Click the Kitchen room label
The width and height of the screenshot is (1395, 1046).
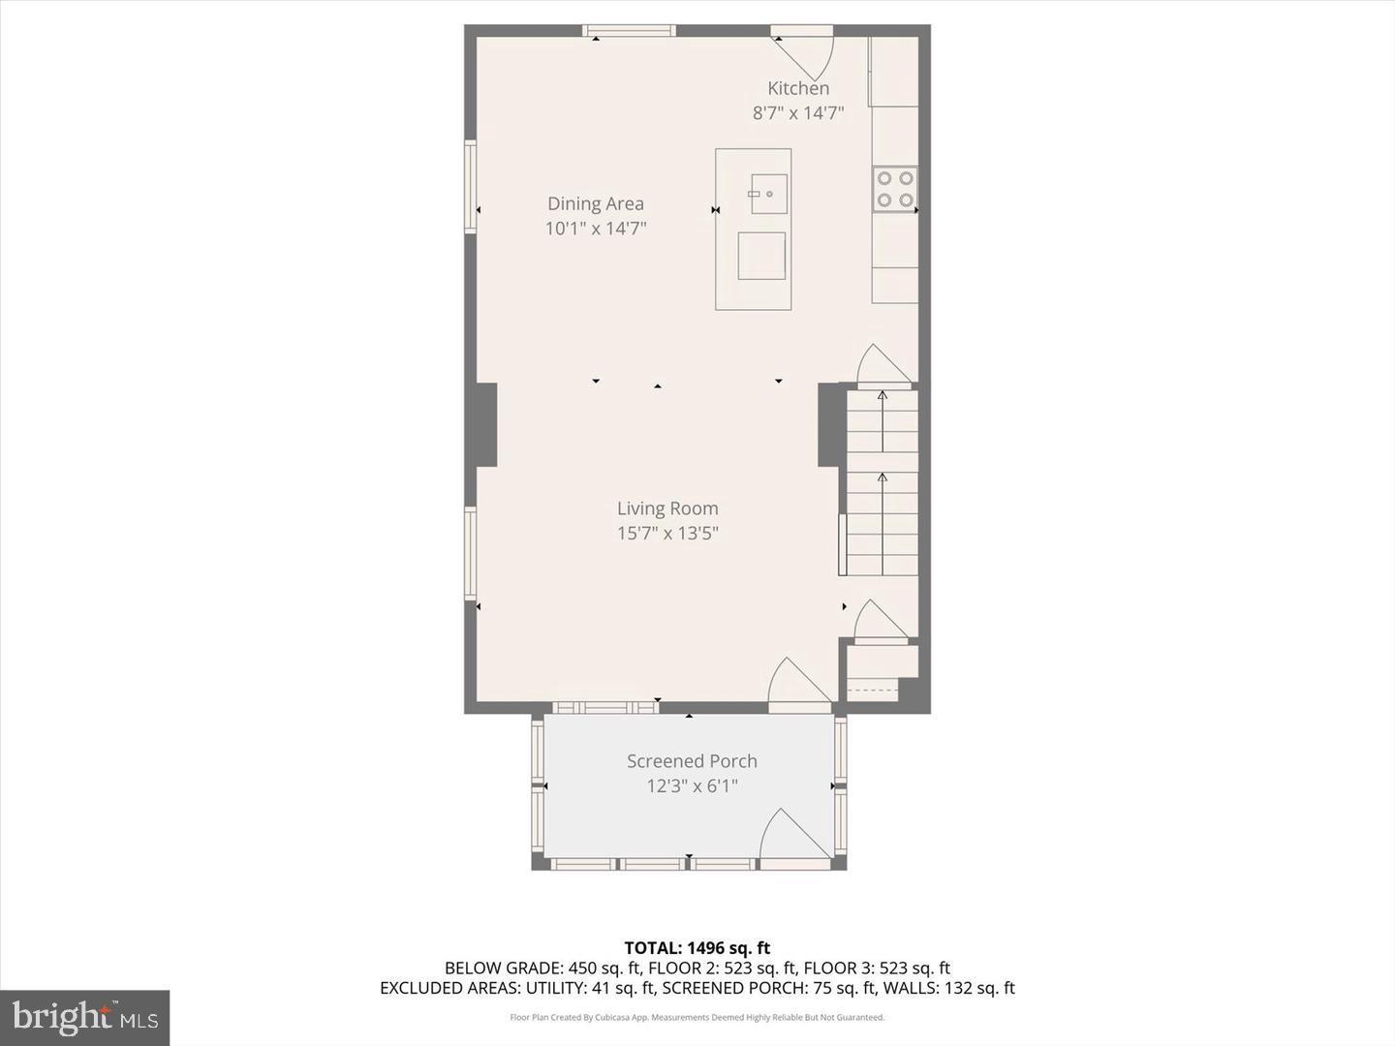[798, 88]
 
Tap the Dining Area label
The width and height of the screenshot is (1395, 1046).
[595, 203]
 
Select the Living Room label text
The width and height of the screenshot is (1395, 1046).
[667, 508]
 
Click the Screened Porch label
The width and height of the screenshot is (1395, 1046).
[692, 761]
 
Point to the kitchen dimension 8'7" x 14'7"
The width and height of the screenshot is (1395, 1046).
[798, 113]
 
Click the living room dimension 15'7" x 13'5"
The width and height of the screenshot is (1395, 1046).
[667, 534]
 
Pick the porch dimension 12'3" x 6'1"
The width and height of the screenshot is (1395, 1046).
[692, 786]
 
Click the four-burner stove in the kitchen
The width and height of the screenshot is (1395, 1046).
[894, 190]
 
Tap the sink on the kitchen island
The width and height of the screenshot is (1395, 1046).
[768, 194]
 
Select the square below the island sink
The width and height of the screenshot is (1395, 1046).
[761, 256]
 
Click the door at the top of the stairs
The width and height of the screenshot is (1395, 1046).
[883, 368]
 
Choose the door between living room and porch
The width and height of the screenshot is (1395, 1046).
[798, 684]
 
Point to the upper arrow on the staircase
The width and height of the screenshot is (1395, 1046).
[883, 416]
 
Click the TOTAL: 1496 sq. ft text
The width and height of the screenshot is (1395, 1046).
[697, 948]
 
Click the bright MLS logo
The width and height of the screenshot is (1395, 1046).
[85, 1017]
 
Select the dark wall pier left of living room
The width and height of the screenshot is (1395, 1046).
[485, 424]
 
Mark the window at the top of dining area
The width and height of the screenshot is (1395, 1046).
[629, 31]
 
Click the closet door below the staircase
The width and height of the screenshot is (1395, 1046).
[880, 622]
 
